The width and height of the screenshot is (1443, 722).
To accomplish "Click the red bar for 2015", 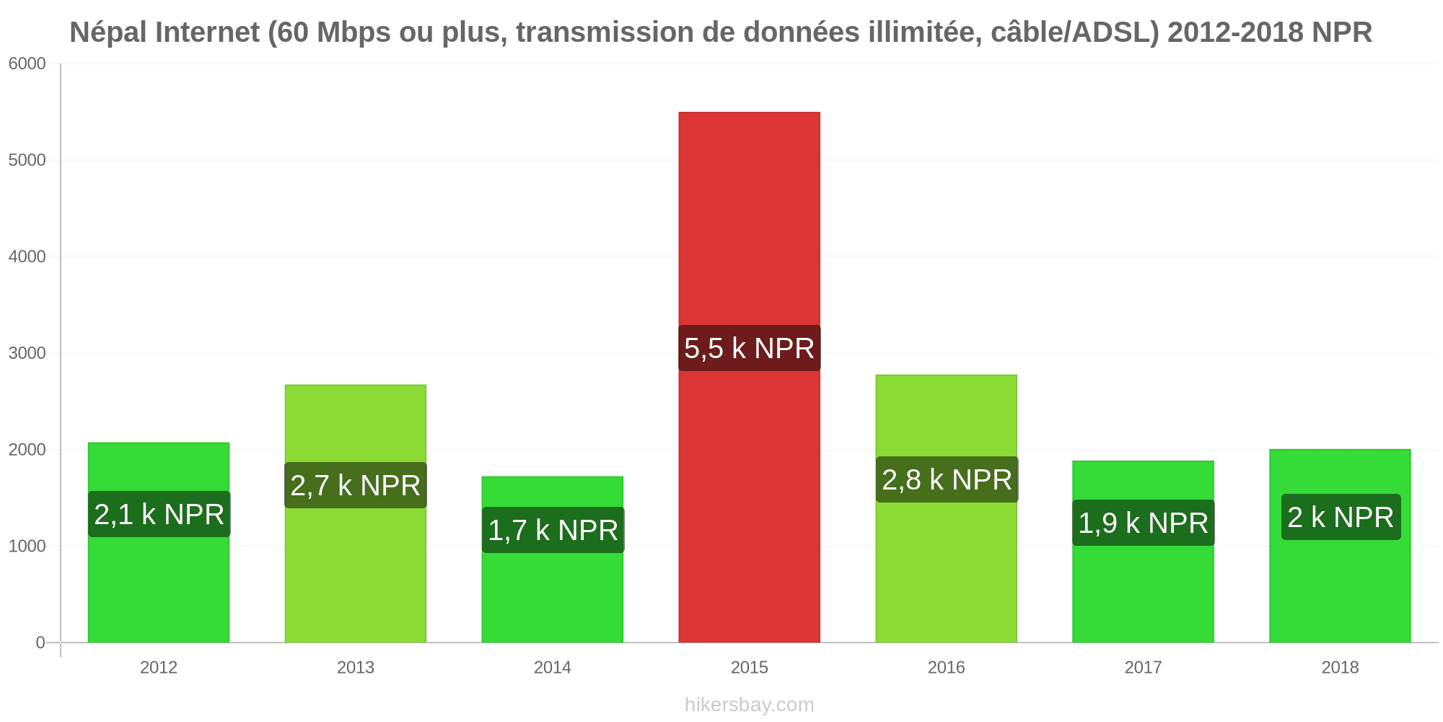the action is pyautogui.click(x=749, y=377).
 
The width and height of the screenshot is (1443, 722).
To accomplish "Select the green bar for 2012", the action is pyautogui.click(x=159, y=542).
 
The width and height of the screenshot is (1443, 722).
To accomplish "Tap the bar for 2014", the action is pyautogui.click(x=553, y=560).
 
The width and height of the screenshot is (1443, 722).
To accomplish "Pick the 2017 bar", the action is pyautogui.click(x=1143, y=552).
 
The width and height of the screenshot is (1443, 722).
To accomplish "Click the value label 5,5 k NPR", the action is pyautogui.click(x=749, y=348).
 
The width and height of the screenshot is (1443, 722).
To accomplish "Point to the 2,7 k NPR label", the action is pyautogui.click(x=356, y=485).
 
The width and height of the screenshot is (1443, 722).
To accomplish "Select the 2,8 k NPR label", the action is pyautogui.click(x=947, y=479).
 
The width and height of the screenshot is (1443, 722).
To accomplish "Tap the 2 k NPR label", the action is pyautogui.click(x=1341, y=517).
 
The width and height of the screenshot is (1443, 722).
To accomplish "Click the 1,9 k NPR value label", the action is pyautogui.click(x=1143, y=523).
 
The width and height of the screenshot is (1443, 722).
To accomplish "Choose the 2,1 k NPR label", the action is pyautogui.click(x=159, y=514).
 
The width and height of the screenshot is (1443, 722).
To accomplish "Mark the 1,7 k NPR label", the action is pyautogui.click(x=553, y=530).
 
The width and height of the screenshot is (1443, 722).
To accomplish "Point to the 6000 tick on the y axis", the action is pyautogui.click(x=27, y=64).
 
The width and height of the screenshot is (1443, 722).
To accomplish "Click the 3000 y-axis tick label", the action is pyautogui.click(x=27, y=353).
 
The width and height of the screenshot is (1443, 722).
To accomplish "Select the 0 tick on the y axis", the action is pyautogui.click(x=40, y=643).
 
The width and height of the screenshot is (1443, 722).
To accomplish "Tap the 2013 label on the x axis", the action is pyautogui.click(x=356, y=667).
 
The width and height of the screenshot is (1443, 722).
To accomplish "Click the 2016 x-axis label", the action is pyautogui.click(x=947, y=667).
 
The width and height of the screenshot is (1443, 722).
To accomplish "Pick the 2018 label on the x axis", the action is pyautogui.click(x=1341, y=667).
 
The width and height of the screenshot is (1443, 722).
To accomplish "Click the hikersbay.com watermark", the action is pyautogui.click(x=749, y=705).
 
